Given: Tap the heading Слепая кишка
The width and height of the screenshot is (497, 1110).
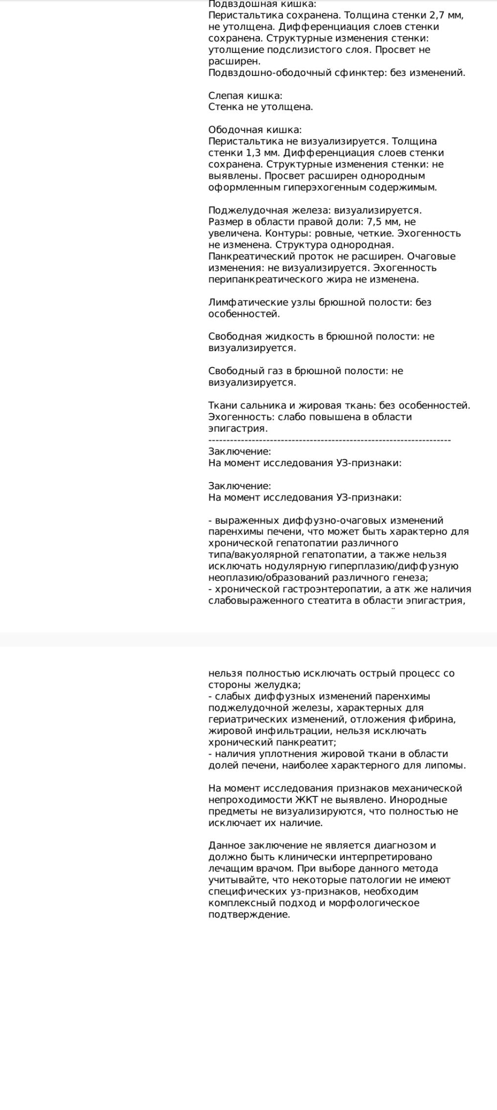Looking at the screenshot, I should tap(245, 95).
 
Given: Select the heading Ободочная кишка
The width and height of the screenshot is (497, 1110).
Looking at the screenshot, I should tap(255, 130).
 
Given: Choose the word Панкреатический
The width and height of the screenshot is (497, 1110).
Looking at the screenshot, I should tap(248, 256).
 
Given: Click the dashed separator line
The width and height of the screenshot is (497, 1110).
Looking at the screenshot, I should tap(329, 440).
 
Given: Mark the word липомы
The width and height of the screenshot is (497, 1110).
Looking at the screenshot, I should tap(448, 765).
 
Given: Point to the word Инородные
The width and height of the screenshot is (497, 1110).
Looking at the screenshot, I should tap(423, 800).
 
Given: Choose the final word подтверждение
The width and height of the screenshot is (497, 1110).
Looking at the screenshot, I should tap(249, 914).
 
